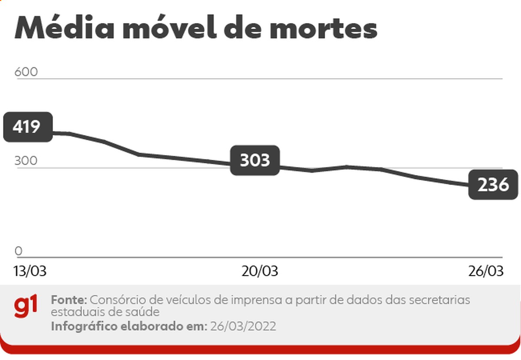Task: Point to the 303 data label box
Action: pos(255,160)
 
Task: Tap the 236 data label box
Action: pos(493,185)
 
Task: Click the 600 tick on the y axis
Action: pos(26,72)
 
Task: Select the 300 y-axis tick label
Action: pos(26,161)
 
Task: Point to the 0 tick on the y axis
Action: pos(18,251)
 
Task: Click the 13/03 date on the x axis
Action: pos(30,271)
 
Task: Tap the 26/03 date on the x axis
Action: pos(486,271)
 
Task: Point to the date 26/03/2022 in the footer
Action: pos(243,326)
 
